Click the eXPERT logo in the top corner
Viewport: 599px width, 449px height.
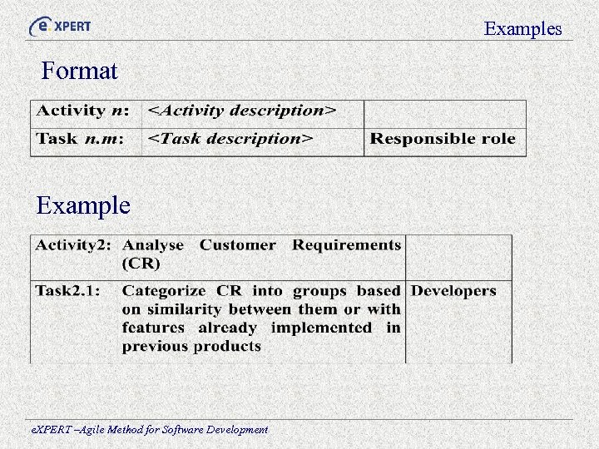[60, 26]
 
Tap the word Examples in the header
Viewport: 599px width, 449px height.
[523, 29]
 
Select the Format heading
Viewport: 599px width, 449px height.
[80, 71]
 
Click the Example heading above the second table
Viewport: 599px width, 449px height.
[83, 205]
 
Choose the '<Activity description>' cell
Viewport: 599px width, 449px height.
[242, 111]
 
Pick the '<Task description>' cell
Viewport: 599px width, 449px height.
[230, 139]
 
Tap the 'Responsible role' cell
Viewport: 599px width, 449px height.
[443, 139]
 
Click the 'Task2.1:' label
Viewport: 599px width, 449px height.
[67, 291]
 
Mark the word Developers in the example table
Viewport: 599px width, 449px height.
[453, 291]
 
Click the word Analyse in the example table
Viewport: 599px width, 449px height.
[153, 245]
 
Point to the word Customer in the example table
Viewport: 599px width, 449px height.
[237, 245]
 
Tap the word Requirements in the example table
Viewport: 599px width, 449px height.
[346, 245]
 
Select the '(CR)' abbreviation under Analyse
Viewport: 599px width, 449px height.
[141, 264]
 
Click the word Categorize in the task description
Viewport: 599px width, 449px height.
[164, 291]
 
